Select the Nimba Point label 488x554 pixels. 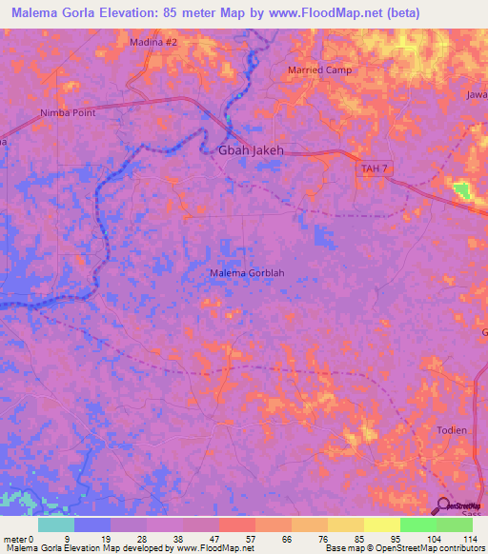coord(68,112)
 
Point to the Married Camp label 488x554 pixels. coord(319,70)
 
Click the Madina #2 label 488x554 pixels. coord(153,43)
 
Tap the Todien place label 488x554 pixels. coord(452,430)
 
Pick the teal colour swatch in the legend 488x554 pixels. coord(56,524)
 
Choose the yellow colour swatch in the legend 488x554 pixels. coord(381,524)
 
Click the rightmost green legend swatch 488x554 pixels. coord(454,524)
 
